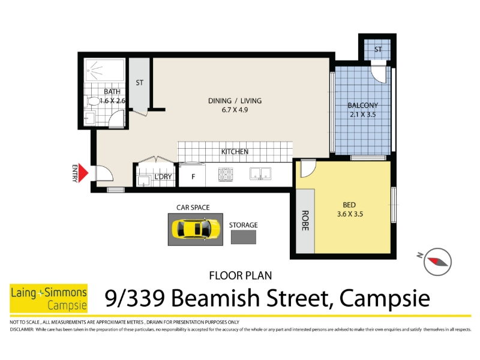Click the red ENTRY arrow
pyautogui.click(x=83, y=173)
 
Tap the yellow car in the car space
pyautogui.click(x=196, y=229)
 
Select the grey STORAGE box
pyautogui.click(x=244, y=237)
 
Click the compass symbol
pyautogui.click(x=437, y=262)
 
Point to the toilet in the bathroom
pyautogui.click(x=93, y=101)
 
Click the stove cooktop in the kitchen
pyautogui.click(x=226, y=175)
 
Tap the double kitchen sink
pyautogui.click(x=260, y=173)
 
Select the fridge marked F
pyautogui.click(x=192, y=175)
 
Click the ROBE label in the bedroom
pyautogui.click(x=305, y=220)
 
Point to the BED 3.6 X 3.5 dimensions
pyautogui.click(x=350, y=214)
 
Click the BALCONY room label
pyautogui.click(x=363, y=106)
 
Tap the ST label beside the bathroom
pyautogui.click(x=140, y=83)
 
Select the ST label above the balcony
pyautogui.click(x=378, y=49)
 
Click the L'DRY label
pyautogui.click(x=163, y=176)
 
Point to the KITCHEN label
pyautogui.click(x=235, y=152)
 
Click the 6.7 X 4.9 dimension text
pyautogui.click(x=235, y=110)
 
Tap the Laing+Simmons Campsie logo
pyautogui.click(x=49, y=298)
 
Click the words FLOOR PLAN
pyautogui.click(x=241, y=275)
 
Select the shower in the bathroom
pyautogui.click(x=104, y=70)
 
